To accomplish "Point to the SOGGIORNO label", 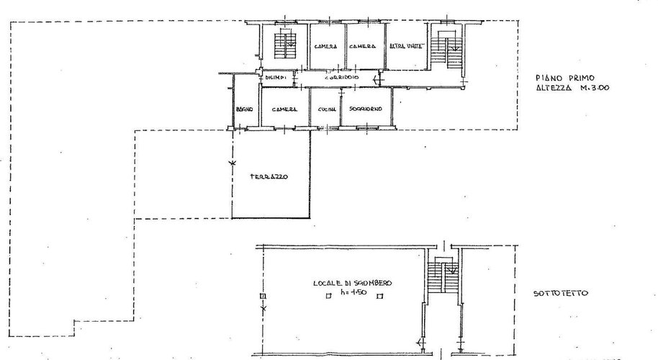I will pos(365,109).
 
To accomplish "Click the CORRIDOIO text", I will pos(341,77).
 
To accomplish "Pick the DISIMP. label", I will pos(276,77).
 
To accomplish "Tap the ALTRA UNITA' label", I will pos(406,47).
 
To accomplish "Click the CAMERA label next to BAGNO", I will pos(284,109).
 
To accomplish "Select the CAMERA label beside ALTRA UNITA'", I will pos(363,47).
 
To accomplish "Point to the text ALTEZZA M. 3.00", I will pos(569,89).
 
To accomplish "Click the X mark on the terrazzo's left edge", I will pos(232,164).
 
